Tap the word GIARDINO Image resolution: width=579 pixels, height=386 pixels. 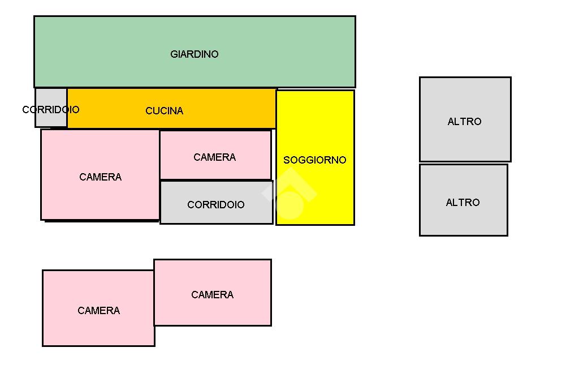194,54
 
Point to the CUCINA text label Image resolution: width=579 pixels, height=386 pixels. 164,111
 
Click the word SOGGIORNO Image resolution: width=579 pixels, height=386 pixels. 314,160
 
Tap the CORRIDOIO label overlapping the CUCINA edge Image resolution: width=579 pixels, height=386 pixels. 51,110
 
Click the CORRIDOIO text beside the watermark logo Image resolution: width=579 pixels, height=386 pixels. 216,205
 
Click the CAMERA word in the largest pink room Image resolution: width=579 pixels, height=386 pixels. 100,177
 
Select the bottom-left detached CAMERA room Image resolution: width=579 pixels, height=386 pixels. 98,328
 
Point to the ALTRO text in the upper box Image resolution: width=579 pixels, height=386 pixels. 464,122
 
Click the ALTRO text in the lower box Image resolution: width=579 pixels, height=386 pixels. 463,203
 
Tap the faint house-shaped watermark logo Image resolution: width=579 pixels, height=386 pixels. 289,195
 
